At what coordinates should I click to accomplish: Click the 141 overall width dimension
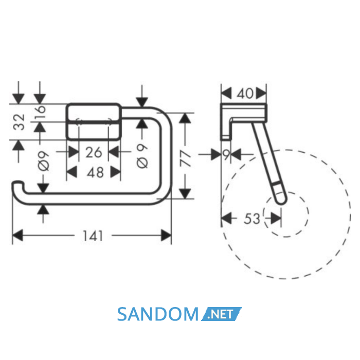(93, 236)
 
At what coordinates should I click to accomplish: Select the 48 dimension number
(95, 172)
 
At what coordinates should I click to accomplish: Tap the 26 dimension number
(94, 152)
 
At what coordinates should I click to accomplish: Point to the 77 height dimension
(185, 158)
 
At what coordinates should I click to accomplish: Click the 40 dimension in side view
(245, 94)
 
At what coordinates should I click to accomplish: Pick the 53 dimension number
(252, 219)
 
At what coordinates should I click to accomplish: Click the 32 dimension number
(19, 122)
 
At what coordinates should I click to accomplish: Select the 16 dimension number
(41, 112)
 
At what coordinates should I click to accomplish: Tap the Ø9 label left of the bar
(44, 161)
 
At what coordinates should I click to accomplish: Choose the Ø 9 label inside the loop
(142, 156)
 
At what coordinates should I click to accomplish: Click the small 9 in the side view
(226, 154)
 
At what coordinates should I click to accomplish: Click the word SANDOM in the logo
(158, 314)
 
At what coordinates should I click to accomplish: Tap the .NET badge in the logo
(221, 314)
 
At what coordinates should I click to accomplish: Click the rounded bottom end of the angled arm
(281, 201)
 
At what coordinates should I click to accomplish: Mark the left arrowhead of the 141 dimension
(17, 236)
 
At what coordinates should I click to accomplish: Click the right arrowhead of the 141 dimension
(166, 236)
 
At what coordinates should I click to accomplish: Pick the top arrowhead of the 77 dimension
(185, 119)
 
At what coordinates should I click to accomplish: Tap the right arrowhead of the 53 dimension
(276, 219)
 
